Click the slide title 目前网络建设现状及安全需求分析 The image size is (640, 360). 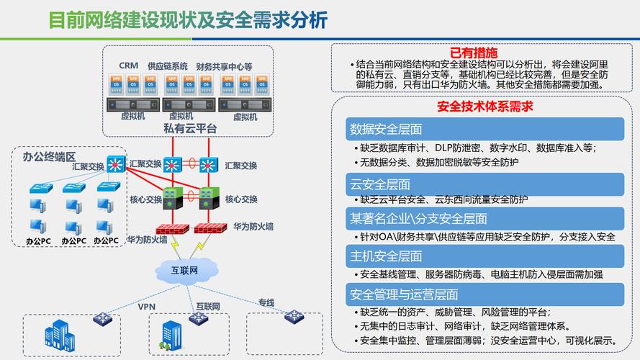click(x=188, y=19)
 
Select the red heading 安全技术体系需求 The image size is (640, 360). click(x=484, y=107)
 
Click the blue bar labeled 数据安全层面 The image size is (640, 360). click(x=484, y=130)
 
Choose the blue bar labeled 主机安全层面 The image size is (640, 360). click(x=484, y=256)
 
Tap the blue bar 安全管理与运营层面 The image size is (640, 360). click(x=484, y=294)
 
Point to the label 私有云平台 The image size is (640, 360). click(x=190, y=128)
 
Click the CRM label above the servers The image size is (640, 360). click(x=128, y=66)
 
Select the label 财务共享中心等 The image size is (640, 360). click(x=224, y=66)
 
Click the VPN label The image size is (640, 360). click(x=147, y=305)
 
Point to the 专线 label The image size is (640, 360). click(x=266, y=302)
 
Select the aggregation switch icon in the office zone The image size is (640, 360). click(x=116, y=164)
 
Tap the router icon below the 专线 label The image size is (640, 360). click(x=293, y=315)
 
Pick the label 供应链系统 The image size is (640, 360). click(x=168, y=66)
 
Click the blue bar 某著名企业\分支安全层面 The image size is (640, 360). click(x=484, y=218)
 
